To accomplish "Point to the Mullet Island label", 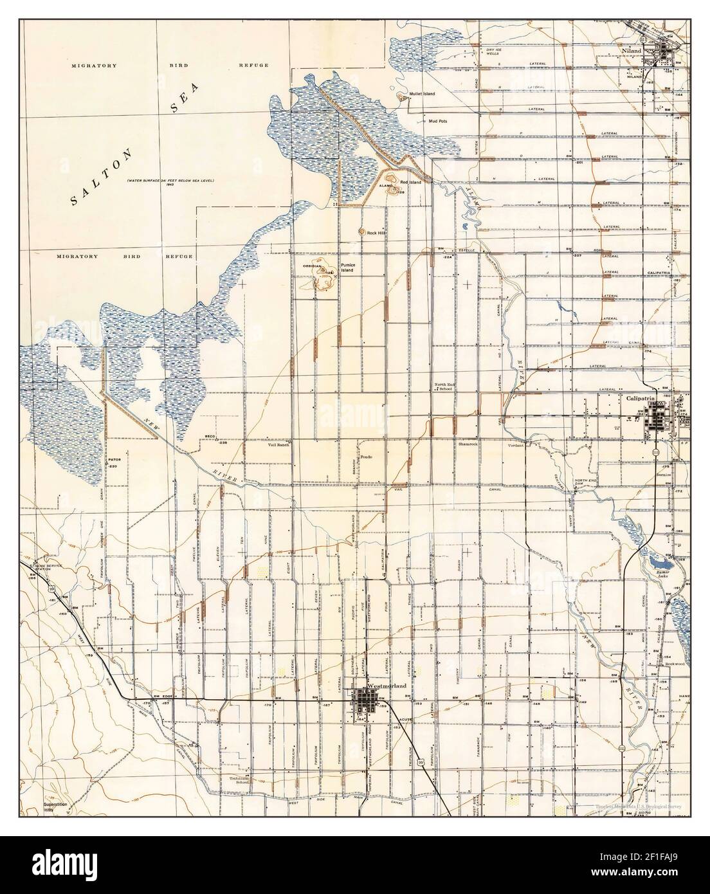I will coord(421,94).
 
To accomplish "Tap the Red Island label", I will coord(411,182).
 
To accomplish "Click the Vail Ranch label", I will coord(278,444).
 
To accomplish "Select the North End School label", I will coord(444,387).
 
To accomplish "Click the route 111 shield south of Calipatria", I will coord(655,453).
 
